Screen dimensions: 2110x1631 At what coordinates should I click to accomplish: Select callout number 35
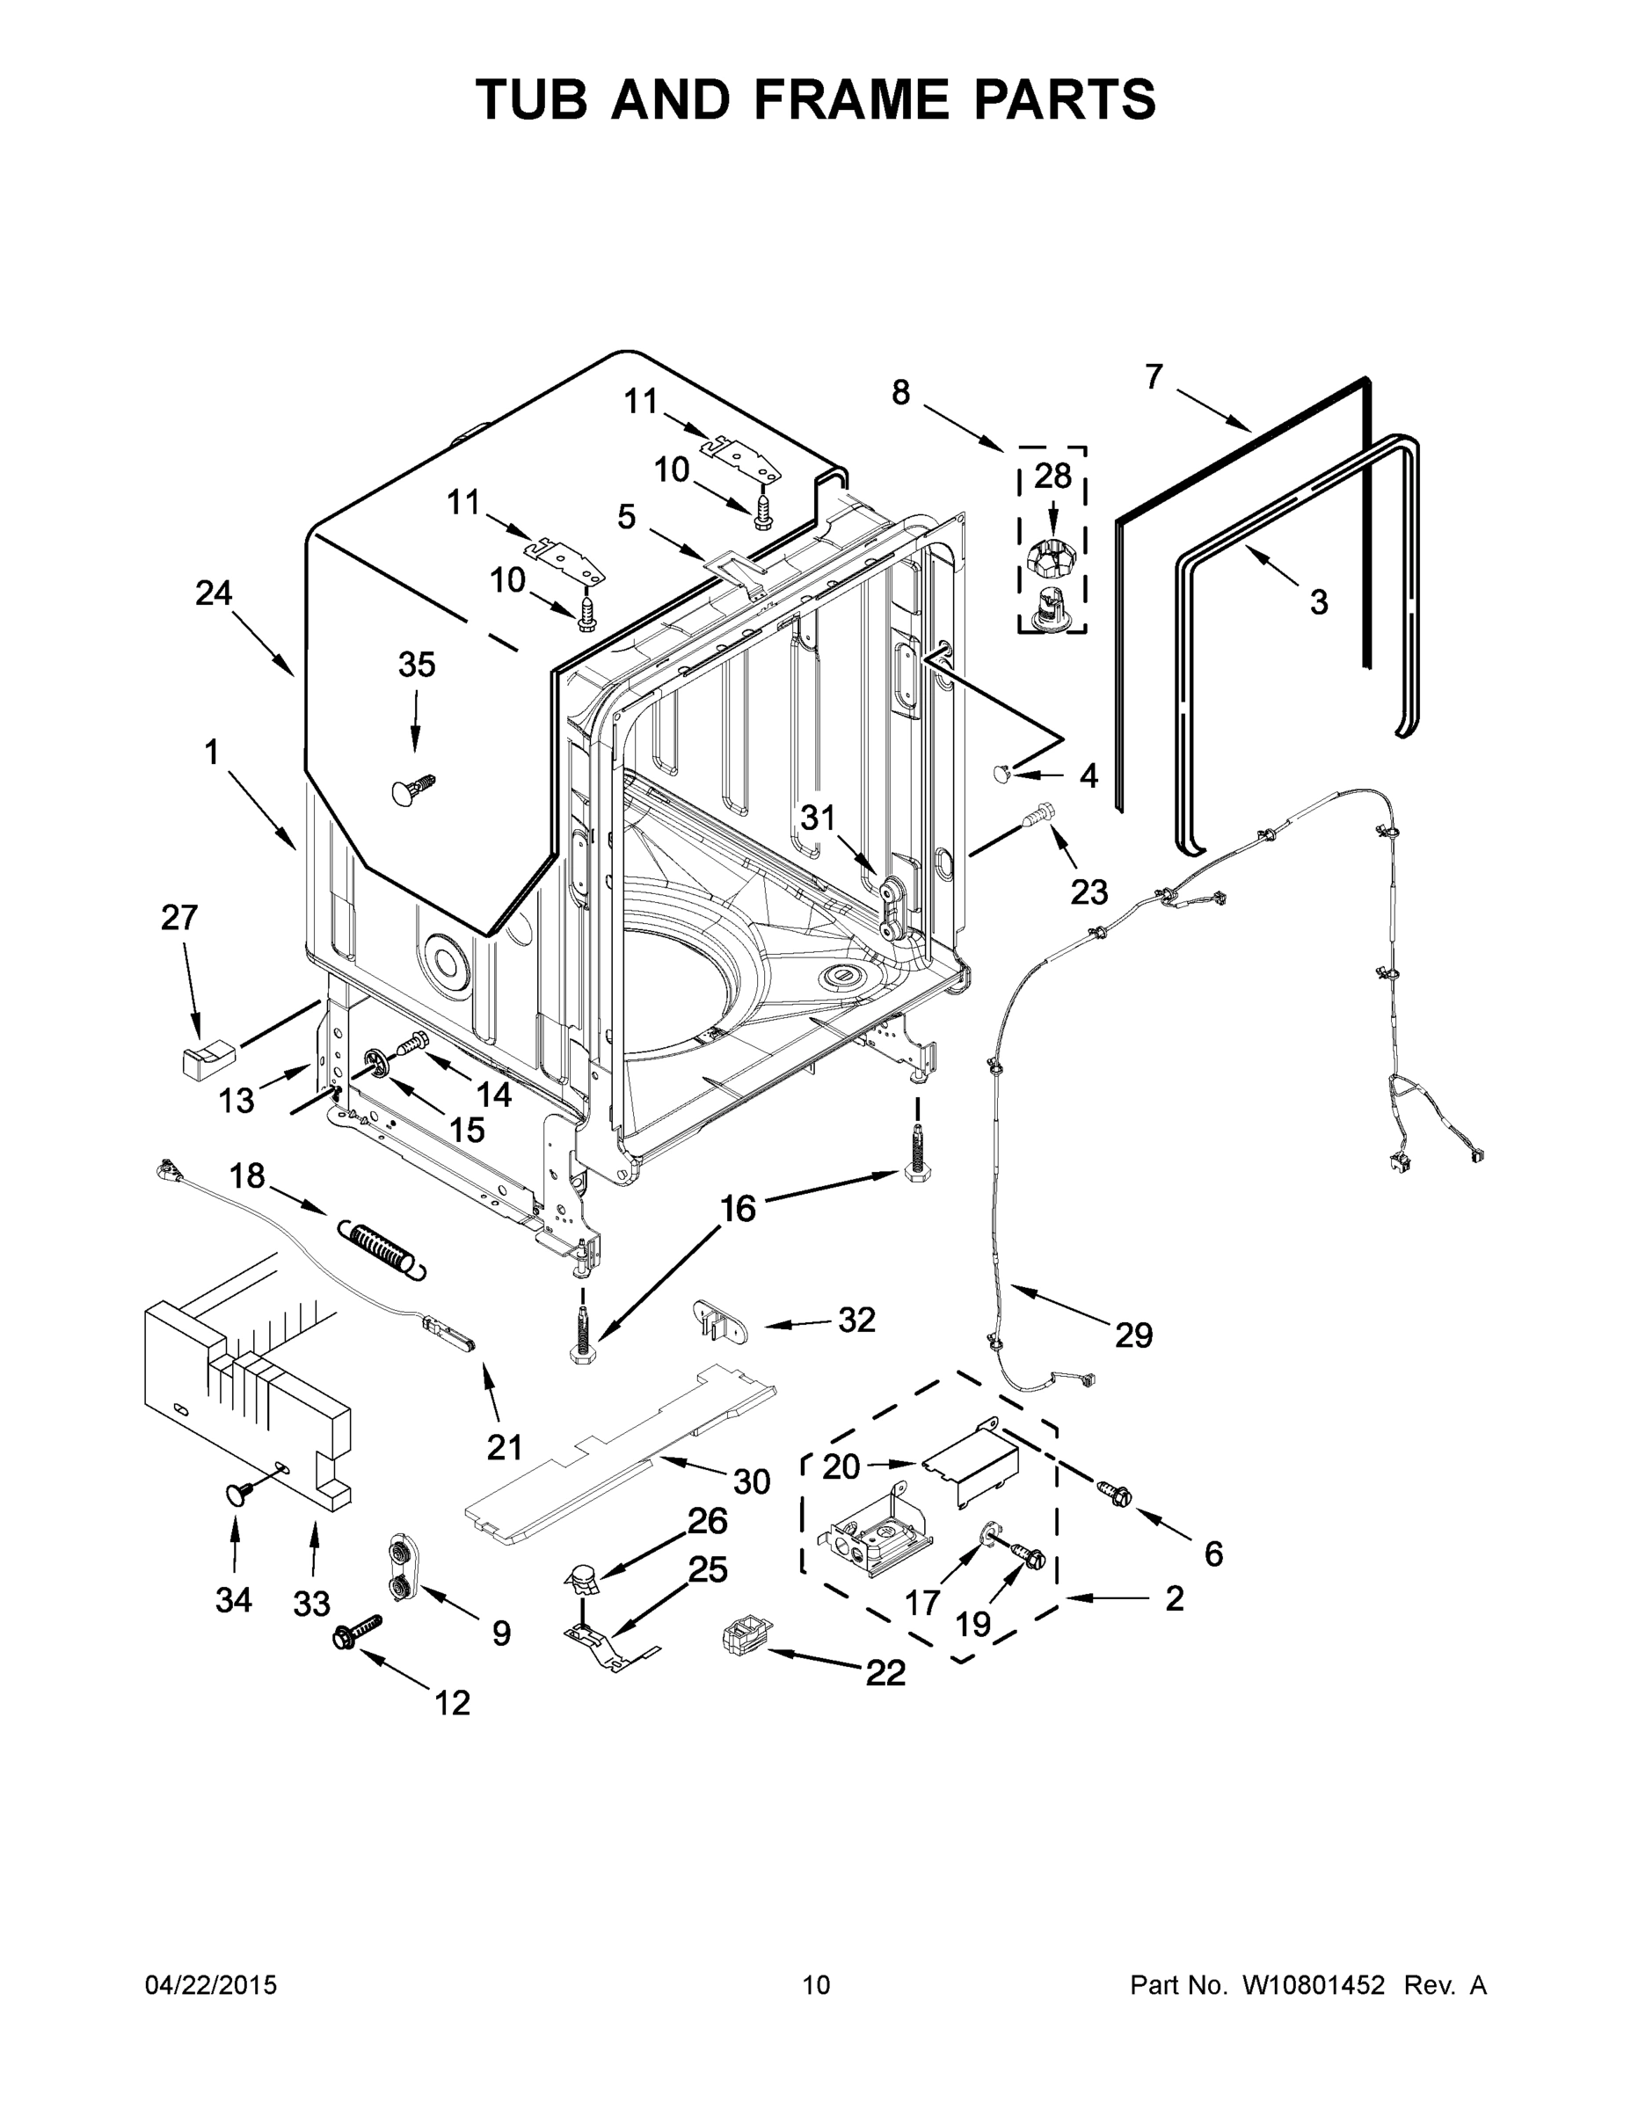417,665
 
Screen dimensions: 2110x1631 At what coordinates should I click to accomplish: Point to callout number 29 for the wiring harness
1133,1335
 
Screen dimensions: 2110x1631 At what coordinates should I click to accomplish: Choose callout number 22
885,1672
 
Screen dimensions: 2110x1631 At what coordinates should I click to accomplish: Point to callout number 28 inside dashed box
1052,476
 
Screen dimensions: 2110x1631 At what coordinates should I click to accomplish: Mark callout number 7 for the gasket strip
1154,377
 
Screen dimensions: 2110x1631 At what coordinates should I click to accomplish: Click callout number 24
214,593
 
